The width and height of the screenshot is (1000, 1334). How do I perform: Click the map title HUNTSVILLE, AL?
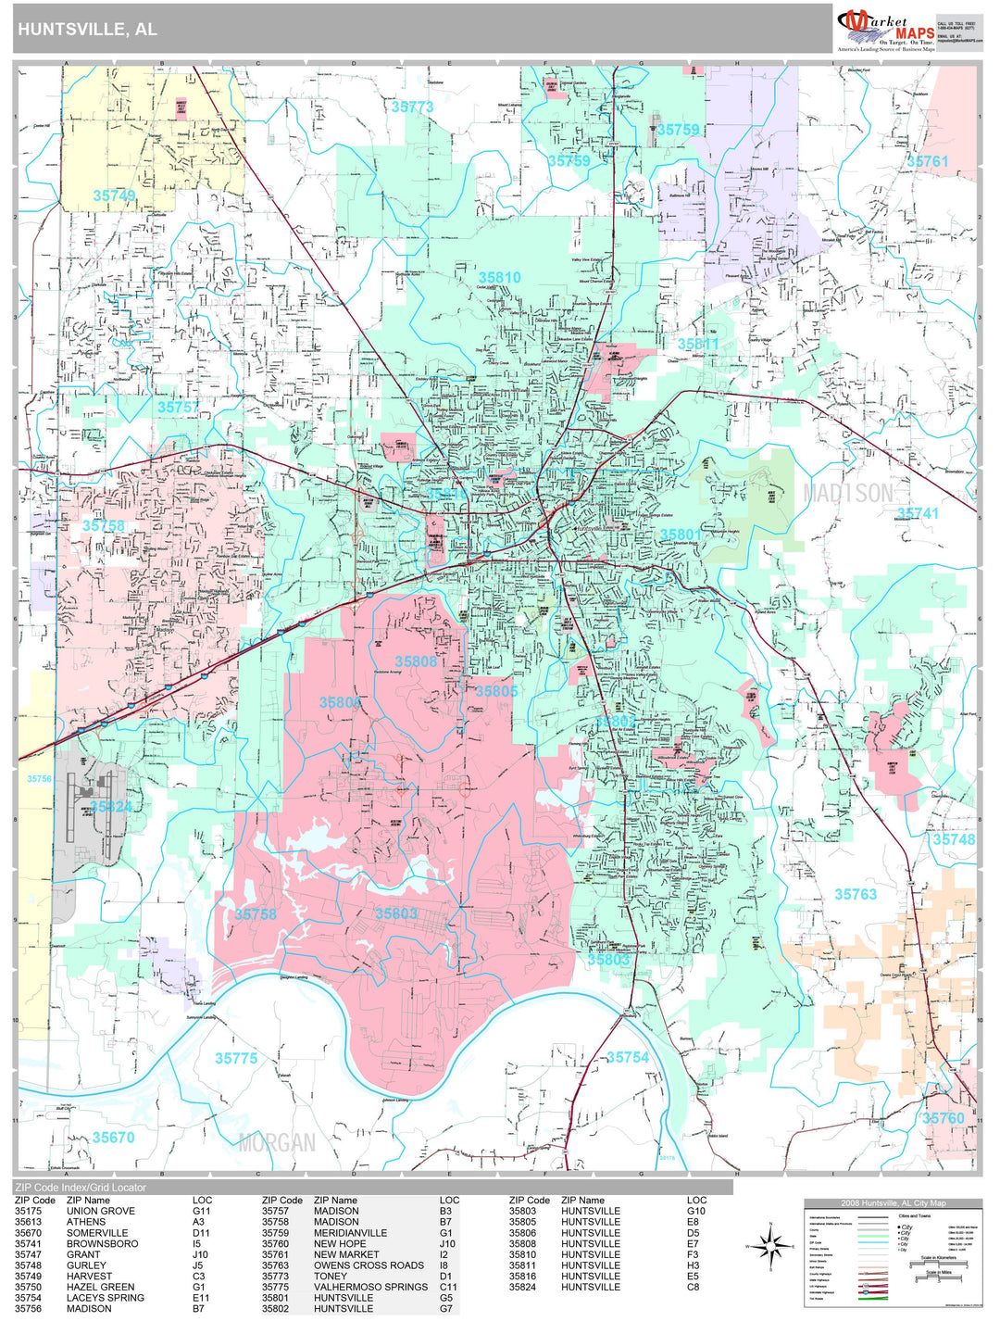coord(87,30)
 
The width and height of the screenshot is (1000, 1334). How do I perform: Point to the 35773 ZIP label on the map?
coord(412,107)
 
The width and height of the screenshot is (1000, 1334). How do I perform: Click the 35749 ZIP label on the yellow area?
coord(114,195)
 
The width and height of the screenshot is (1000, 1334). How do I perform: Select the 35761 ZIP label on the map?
coord(927,161)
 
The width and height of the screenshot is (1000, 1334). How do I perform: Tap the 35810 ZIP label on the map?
coord(499,277)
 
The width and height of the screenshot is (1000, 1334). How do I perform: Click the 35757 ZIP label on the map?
coord(178,407)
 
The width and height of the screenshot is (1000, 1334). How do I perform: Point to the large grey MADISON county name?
coord(848,494)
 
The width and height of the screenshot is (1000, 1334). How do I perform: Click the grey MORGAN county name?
coord(277,1142)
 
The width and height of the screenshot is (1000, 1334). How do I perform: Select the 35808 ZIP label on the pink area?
coord(416,661)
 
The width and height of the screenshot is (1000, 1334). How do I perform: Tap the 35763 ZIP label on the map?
coord(856,894)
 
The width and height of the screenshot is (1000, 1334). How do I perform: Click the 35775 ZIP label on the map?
coord(236,1058)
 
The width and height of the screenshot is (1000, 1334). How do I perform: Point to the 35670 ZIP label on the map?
coord(113,1137)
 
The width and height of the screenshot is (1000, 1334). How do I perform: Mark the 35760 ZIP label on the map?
coord(943,1118)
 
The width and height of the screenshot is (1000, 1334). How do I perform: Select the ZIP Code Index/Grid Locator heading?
coord(81,1187)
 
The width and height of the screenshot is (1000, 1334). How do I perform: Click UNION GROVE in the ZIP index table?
coord(100,1211)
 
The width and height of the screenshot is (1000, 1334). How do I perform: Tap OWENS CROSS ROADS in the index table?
coord(369,1265)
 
